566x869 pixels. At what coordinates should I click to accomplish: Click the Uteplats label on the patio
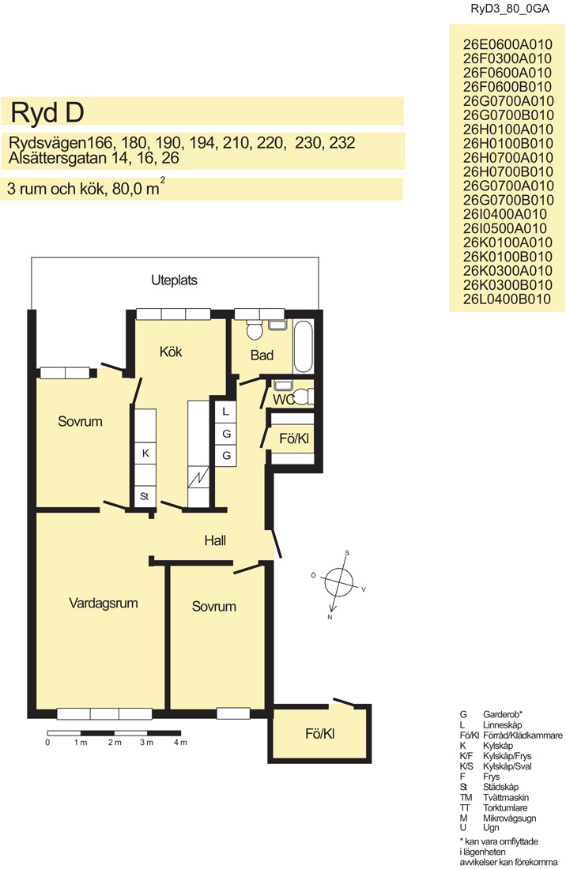[174, 280]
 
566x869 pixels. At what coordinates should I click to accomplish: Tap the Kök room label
[170, 352]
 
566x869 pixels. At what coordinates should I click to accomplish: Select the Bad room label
[262, 355]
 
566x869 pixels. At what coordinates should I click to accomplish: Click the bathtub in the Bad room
[304, 346]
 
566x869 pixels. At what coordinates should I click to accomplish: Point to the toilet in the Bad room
[255, 329]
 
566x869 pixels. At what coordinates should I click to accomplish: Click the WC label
[283, 399]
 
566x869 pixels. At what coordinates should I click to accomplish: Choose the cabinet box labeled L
[225, 412]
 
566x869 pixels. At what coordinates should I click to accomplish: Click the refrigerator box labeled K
[145, 453]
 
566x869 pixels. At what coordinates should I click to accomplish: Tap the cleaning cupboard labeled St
[145, 497]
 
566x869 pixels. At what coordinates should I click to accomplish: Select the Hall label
[215, 540]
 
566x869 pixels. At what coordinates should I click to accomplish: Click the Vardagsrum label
[103, 603]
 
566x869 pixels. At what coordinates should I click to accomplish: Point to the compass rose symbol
[338, 584]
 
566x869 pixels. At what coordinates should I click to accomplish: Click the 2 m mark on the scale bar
[115, 743]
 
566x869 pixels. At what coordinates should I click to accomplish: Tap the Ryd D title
[47, 112]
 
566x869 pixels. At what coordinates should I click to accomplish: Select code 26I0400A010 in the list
[505, 214]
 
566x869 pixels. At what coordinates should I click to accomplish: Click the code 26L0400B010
[508, 299]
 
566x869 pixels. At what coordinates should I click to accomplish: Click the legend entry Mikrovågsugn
[509, 818]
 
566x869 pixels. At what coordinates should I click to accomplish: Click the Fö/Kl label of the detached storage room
[320, 734]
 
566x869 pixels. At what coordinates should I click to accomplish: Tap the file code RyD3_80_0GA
[510, 9]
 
